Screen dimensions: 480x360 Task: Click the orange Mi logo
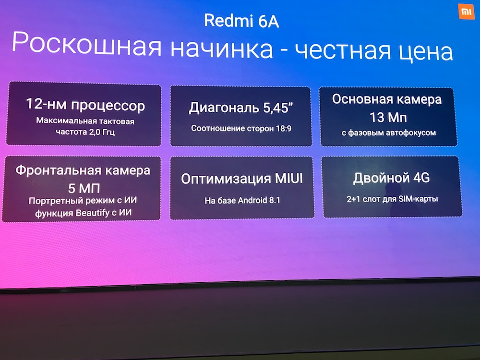tap(466, 12)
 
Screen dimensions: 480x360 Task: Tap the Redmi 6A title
tap(241, 21)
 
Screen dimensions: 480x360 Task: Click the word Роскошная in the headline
tap(86, 44)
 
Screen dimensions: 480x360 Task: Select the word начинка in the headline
tap(222, 48)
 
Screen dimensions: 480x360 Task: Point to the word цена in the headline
tap(425, 52)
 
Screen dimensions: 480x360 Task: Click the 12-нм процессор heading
tap(85, 105)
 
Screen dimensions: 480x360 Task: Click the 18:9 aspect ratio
tap(284, 129)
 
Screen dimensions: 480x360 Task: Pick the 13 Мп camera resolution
tap(388, 118)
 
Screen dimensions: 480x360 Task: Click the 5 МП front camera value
tap(84, 188)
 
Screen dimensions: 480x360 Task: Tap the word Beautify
tap(93, 213)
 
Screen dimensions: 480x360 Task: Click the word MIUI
tap(288, 178)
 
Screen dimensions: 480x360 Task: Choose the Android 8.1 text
tap(259, 201)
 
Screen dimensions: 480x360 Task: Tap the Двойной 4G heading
tap(392, 178)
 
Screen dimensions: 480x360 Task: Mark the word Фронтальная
tap(56, 170)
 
